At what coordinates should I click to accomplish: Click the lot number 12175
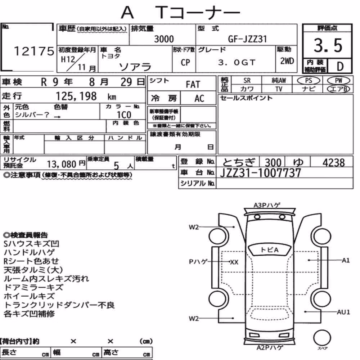tap(34, 51)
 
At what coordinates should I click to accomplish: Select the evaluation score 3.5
tap(328, 45)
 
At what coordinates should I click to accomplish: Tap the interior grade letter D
tap(340, 66)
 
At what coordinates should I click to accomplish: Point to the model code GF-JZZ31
tap(247, 39)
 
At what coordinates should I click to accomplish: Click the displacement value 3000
tap(164, 39)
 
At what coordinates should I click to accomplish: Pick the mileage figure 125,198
tap(76, 96)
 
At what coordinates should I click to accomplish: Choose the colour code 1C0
tap(124, 115)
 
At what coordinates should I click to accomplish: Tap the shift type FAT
tap(193, 85)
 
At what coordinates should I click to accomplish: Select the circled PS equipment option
tap(309, 81)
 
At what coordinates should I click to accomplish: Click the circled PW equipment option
tap(338, 81)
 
